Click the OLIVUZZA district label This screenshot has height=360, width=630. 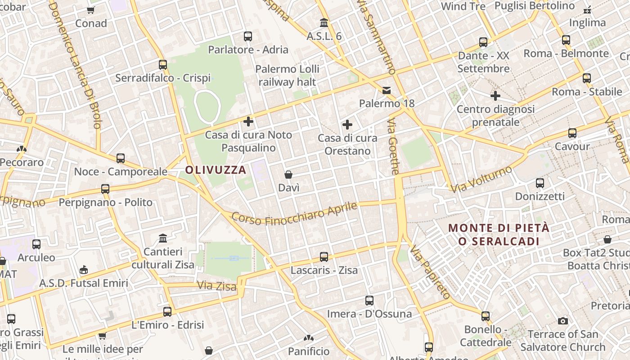click(216, 170)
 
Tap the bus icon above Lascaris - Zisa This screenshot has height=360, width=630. click(324, 257)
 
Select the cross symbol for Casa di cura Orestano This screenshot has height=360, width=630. click(347, 125)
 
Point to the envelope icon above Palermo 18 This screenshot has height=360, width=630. click(387, 90)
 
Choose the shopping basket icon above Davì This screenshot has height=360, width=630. click(288, 175)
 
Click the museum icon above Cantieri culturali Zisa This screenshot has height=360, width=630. click(163, 238)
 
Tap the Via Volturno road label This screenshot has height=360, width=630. click(482, 179)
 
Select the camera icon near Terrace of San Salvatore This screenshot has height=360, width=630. click(562, 321)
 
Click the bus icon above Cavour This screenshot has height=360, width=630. click(572, 133)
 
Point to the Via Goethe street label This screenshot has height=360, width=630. click(394, 147)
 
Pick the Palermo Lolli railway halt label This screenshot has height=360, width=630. click(287, 76)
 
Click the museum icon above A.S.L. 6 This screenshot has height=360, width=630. click(324, 22)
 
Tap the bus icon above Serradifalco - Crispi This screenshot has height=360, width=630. click(163, 65)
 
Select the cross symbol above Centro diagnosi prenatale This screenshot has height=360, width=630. click(495, 96)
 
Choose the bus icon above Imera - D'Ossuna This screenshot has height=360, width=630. click(369, 300)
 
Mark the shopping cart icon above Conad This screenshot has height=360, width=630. click(91, 10)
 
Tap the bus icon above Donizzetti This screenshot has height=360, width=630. click(540, 183)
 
